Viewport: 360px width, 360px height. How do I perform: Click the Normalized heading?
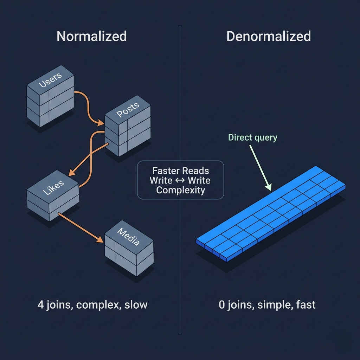point(92,36)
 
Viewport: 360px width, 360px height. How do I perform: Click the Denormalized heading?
point(269,36)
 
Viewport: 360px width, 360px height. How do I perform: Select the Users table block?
point(50,96)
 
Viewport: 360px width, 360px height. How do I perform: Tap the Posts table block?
point(128,126)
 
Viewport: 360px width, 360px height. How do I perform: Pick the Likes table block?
point(53,195)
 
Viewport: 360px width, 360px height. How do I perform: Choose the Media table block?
point(129,248)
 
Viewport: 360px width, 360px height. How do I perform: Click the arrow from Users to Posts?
point(88,108)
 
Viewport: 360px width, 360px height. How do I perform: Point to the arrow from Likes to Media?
point(81,227)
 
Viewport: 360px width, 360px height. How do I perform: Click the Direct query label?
point(252,137)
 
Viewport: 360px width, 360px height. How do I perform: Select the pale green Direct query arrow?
point(261,168)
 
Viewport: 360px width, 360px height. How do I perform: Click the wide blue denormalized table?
point(271,214)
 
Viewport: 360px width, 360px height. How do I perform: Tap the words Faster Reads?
point(180,171)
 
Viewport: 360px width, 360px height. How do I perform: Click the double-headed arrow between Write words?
point(180,180)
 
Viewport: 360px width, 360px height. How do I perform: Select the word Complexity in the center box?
point(180,190)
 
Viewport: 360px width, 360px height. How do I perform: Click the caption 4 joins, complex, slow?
point(92,305)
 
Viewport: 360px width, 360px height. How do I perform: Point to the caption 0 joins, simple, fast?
point(267,305)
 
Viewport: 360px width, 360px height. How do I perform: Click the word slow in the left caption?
point(136,305)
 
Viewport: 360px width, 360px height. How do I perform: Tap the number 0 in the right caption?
point(222,305)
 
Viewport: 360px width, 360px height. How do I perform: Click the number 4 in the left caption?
point(41,305)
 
